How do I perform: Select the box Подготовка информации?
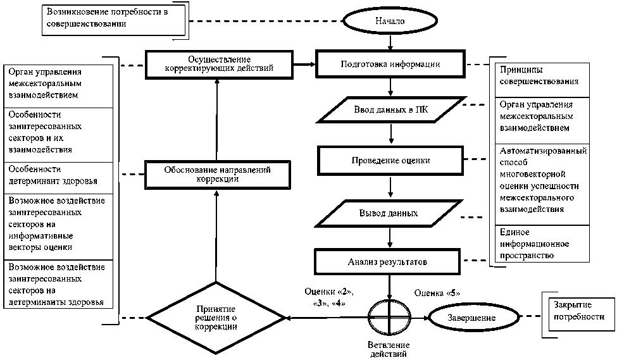(x=390, y=65)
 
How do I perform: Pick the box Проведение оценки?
(x=390, y=161)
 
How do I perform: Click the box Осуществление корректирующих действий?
(x=218, y=65)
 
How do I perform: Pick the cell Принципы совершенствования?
(x=542, y=77)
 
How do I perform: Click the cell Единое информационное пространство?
(x=542, y=244)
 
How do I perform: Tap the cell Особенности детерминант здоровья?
(x=58, y=177)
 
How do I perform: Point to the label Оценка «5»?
(x=437, y=293)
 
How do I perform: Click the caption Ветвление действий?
(x=389, y=349)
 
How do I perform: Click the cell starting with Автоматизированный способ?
(x=543, y=181)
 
